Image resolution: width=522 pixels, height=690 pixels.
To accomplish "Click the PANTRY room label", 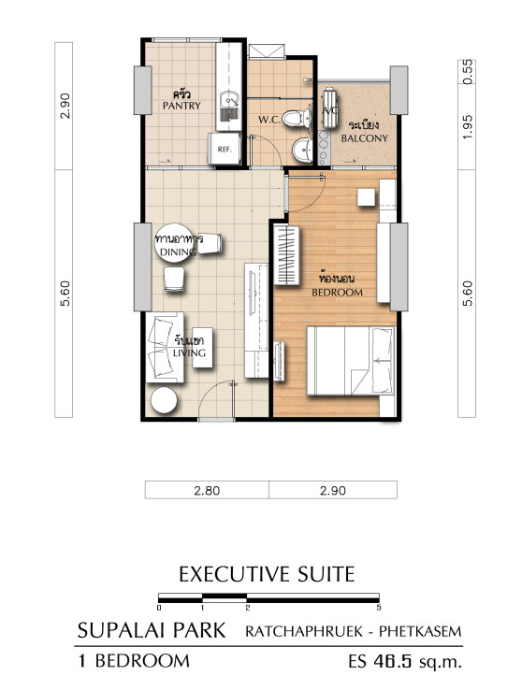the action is tap(181, 106).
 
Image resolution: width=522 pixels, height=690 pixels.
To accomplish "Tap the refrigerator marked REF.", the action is tap(225, 149).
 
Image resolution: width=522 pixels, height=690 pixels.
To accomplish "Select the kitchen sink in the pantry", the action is tap(229, 106).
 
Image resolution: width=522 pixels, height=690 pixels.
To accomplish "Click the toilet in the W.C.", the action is tap(296, 119).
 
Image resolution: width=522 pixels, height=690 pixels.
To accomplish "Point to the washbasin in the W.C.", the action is tap(302, 150).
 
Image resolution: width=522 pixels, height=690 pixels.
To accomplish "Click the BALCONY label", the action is tap(365, 138).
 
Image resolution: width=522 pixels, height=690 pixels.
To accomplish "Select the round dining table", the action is tap(174, 243).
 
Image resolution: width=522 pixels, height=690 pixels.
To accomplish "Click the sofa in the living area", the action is tap(165, 347).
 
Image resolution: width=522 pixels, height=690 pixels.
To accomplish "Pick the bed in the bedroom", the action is tap(351, 361).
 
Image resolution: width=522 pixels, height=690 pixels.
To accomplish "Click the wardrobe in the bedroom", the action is tap(286, 255).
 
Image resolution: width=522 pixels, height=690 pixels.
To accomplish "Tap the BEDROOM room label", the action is tap(337, 293).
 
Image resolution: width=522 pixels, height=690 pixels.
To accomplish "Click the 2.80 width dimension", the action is tap(207, 490).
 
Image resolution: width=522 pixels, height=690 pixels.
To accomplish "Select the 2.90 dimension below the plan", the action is tap(333, 490).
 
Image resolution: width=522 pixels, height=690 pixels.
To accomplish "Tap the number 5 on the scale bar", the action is tap(379, 608).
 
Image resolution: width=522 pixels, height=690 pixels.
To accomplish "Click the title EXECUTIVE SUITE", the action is tap(267, 574).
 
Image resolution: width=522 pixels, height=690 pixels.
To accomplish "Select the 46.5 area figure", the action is tap(392, 661).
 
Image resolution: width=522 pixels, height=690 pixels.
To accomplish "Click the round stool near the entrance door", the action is tap(164, 400).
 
